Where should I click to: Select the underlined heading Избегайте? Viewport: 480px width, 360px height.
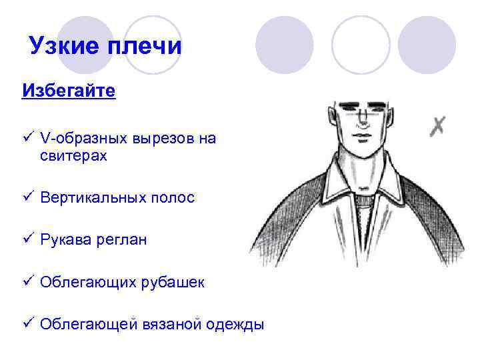point(69,90)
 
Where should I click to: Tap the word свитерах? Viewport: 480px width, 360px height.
point(73,157)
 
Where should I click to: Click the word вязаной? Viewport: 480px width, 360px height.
point(171,325)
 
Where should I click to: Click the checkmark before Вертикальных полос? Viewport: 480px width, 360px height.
point(27,197)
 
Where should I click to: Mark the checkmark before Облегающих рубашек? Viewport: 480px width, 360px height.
point(27,282)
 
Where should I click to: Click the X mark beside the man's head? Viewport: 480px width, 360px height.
point(437,125)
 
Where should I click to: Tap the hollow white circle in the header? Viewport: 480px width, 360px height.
point(360,44)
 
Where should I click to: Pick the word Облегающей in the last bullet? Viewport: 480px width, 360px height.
point(87,325)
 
